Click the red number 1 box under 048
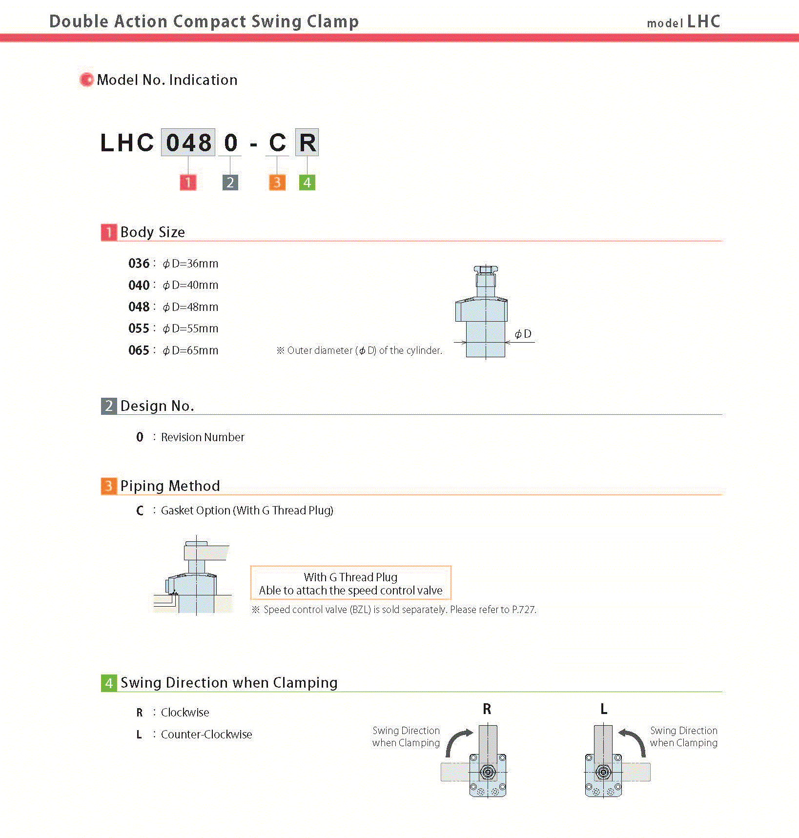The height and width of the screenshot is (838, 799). pyautogui.click(x=188, y=183)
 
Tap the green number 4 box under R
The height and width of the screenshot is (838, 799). pyautogui.click(x=307, y=183)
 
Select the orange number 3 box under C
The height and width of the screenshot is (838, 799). pyautogui.click(x=277, y=183)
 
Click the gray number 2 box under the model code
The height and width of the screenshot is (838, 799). pyautogui.click(x=230, y=183)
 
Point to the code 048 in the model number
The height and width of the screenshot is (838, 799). pyautogui.click(x=188, y=143)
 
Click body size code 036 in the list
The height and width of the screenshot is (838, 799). pyautogui.click(x=139, y=264)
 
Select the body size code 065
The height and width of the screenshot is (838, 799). pyautogui.click(x=139, y=350)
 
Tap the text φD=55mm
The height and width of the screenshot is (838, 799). pyautogui.click(x=191, y=328)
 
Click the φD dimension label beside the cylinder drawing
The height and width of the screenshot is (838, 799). pyautogui.click(x=523, y=334)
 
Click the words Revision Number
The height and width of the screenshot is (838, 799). pyautogui.click(x=203, y=437)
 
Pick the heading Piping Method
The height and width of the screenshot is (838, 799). pyautogui.click(x=170, y=486)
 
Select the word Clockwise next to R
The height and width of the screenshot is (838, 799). pyautogui.click(x=185, y=713)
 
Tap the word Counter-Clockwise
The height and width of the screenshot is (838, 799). pyautogui.click(x=206, y=735)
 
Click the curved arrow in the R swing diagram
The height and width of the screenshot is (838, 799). pyautogui.click(x=457, y=742)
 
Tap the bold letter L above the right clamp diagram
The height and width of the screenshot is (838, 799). pyautogui.click(x=604, y=709)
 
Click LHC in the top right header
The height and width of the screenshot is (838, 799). pyautogui.click(x=703, y=21)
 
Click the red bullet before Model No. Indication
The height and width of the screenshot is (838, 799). pyautogui.click(x=86, y=80)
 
